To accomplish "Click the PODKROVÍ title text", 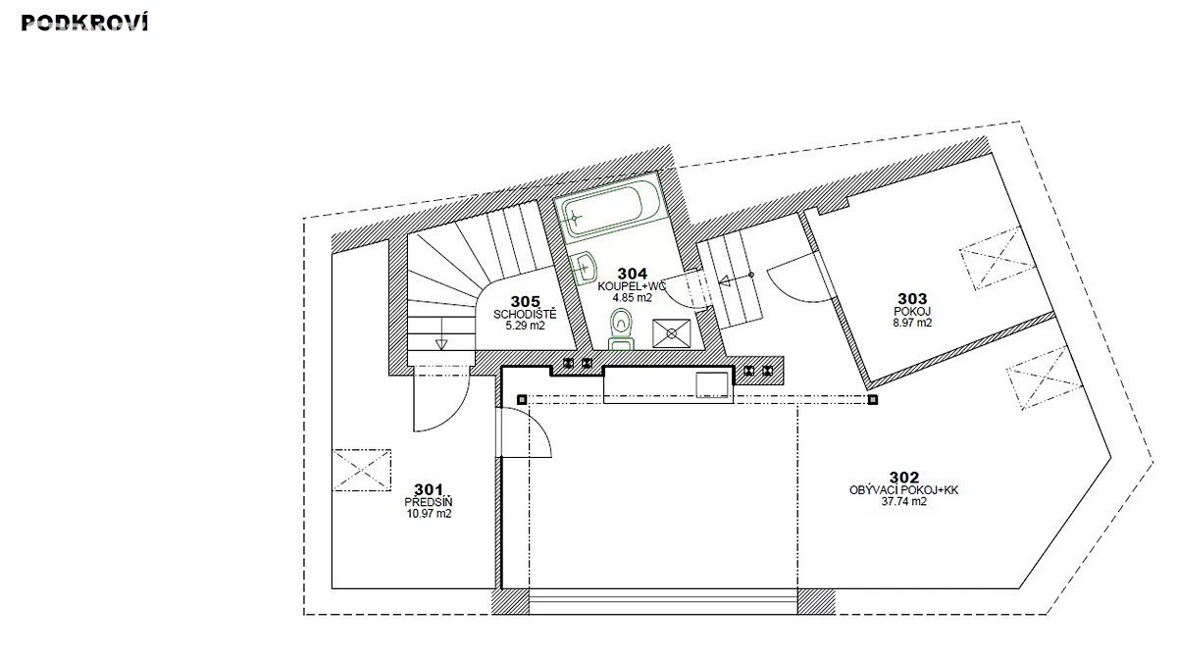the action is (84, 23).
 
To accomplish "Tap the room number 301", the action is (429, 489).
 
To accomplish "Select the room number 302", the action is (903, 478).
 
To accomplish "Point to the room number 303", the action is (912, 299).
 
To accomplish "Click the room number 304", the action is (632, 274).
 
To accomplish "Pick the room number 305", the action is (525, 301).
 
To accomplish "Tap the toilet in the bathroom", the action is (622, 328).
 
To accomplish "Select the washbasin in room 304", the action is (584, 268).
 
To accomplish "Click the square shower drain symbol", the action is (672, 333).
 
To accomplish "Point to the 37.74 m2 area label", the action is (903, 501).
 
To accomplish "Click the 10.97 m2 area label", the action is (429, 514).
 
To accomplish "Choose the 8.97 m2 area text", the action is (912, 323).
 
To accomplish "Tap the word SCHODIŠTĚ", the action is (525, 314).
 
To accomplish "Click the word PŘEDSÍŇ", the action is (429, 502).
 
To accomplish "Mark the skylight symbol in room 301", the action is (362, 470).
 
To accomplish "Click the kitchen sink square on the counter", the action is (712, 385).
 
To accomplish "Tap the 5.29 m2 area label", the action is (525, 326).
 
